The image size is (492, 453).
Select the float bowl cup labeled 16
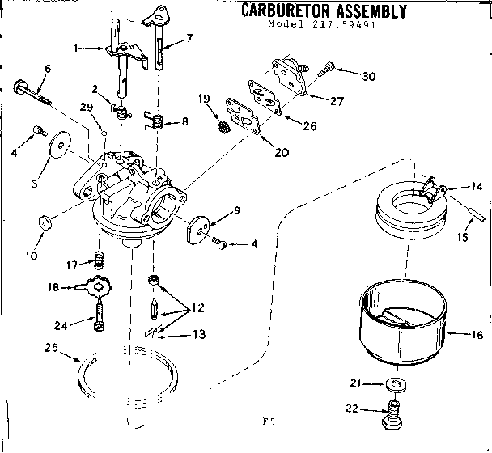point(403,323)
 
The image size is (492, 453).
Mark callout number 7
point(189,38)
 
